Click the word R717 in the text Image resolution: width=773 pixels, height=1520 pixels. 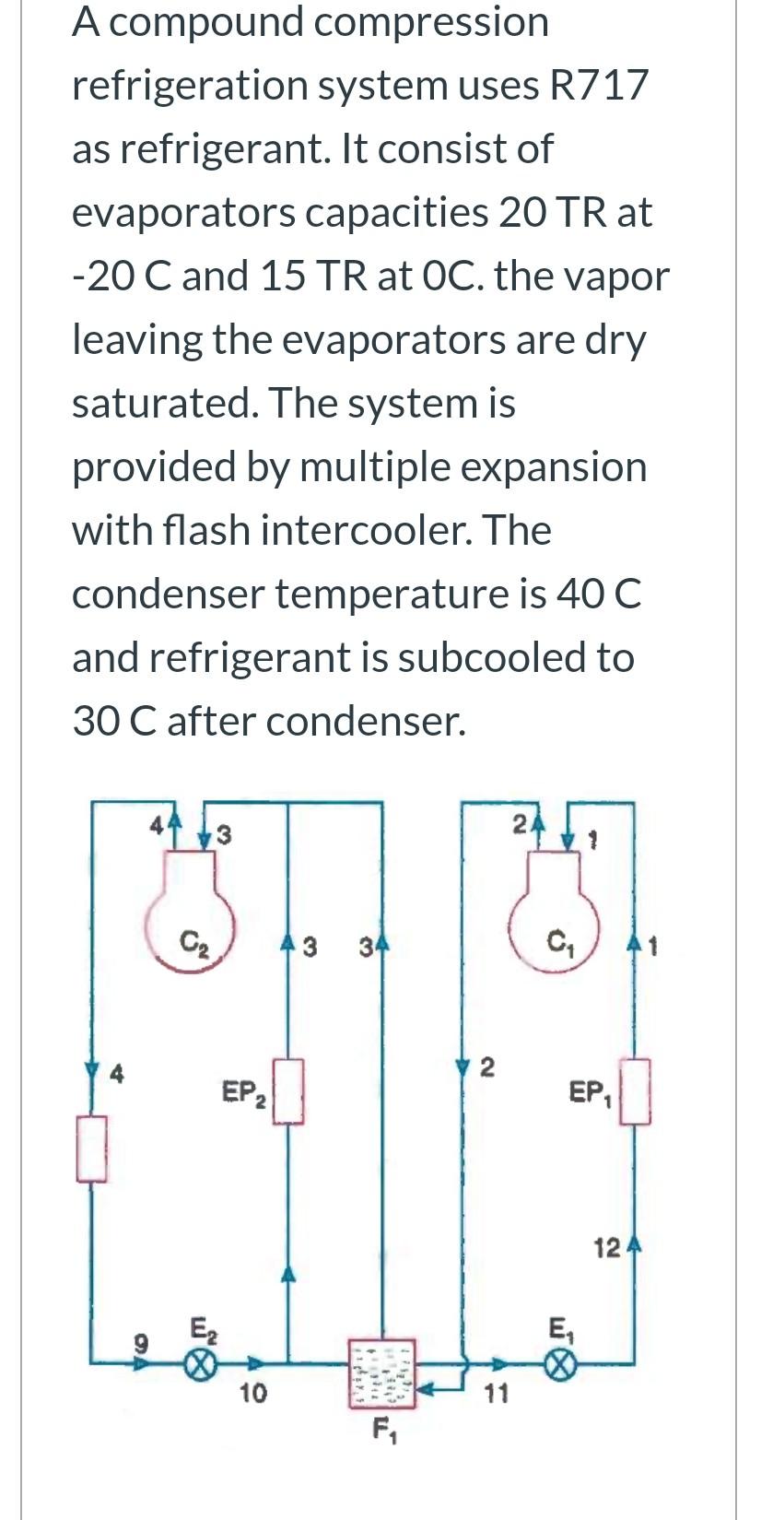[598, 85]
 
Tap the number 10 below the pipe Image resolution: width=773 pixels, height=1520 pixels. [252, 1393]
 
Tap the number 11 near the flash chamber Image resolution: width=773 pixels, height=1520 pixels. [496, 1394]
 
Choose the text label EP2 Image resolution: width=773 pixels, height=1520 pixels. [244, 1094]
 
